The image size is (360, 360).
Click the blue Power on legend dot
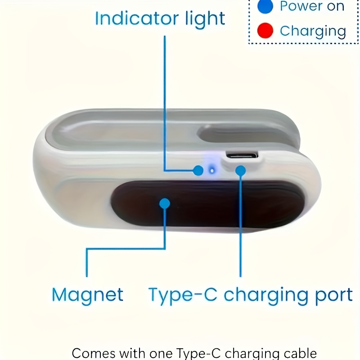tap(265, 7)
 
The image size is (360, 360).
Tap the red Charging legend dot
tap(265, 31)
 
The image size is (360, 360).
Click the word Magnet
tap(87, 295)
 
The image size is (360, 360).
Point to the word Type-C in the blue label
tap(183, 295)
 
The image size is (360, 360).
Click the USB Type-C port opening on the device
tap(242, 156)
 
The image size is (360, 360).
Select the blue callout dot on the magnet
tap(165, 203)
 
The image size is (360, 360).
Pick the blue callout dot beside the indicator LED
tap(198, 170)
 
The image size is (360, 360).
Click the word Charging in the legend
tap(312, 31)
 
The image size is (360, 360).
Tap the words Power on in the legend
tap(312, 7)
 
